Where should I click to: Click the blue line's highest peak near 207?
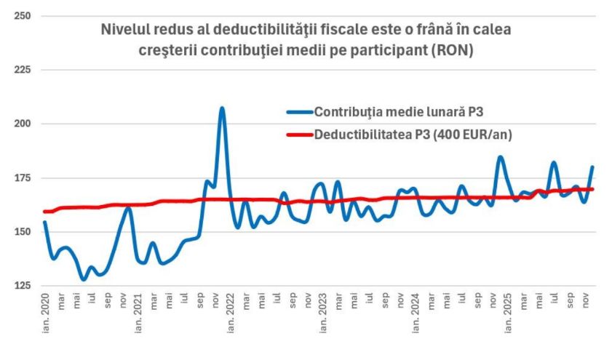coord(222,108)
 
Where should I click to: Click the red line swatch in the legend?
coord(299,135)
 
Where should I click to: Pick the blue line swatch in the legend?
coord(299,112)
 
